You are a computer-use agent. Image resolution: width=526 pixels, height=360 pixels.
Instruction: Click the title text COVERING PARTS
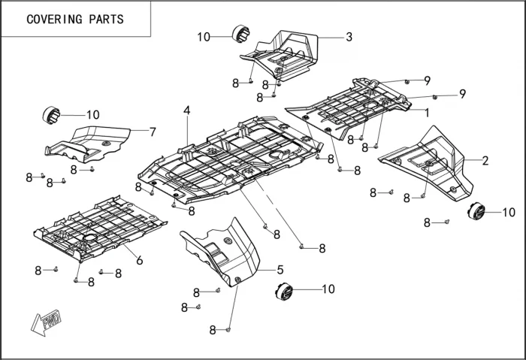tap(75, 19)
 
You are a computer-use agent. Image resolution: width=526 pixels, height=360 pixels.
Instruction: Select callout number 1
tap(427, 113)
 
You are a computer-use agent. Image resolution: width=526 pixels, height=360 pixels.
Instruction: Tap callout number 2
tap(485, 160)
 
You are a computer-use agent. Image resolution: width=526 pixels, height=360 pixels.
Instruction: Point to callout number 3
tap(349, 37)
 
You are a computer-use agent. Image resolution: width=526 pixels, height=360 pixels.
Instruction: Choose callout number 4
tap(186, 111)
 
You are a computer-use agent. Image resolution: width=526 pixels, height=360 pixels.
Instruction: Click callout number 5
tap(280, 269)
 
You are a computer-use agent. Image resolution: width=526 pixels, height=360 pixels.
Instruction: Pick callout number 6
tap(139, 259)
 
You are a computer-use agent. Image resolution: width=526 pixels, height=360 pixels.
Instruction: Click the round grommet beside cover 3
tap(241, 35)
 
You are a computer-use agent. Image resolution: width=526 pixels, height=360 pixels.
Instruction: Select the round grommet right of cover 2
tap(476, 212)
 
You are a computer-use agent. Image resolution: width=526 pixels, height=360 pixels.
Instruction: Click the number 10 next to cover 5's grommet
tap(328, 289)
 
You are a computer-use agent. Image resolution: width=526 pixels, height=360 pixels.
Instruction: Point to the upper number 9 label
tap(427, 80)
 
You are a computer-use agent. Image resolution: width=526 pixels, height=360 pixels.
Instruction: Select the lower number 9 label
tap(463, 93)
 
